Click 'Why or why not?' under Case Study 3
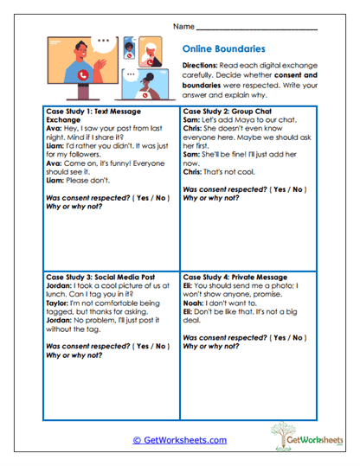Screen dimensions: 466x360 (x=74, y=354)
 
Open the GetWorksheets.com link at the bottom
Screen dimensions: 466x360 (x=179, y=439)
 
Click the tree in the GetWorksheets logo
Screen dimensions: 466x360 (x=281, y=433)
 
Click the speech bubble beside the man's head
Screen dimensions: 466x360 (x=105, y=41)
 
